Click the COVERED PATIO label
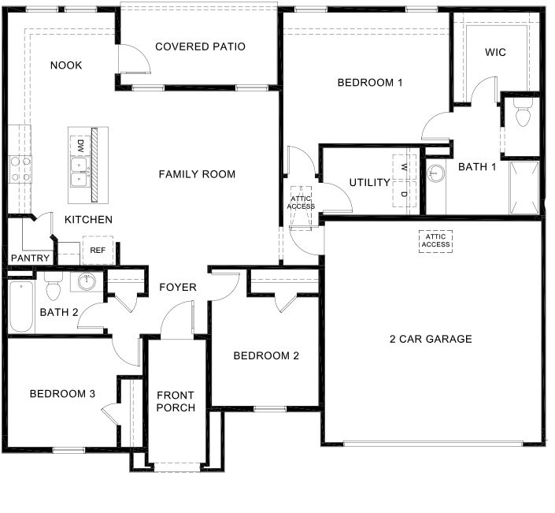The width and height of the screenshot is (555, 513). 200,46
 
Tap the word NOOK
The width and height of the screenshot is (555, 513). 66,65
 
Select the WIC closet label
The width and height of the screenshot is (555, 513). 495,53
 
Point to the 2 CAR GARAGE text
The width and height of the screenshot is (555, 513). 431,339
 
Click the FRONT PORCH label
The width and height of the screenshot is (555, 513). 176,401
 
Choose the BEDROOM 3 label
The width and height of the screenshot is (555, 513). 62,394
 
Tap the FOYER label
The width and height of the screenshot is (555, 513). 178,287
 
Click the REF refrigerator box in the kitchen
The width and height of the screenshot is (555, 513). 98,250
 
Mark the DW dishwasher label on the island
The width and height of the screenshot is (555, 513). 80,146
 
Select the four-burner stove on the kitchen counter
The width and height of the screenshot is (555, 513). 20,169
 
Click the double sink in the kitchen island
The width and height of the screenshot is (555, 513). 80,173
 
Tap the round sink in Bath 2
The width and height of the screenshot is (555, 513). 86,281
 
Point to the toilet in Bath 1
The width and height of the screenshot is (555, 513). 520,115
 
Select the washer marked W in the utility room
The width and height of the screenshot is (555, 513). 404,168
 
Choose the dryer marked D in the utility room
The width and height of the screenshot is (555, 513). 404,194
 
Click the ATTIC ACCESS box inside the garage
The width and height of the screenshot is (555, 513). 435,240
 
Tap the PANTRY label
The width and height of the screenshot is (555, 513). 30,258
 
